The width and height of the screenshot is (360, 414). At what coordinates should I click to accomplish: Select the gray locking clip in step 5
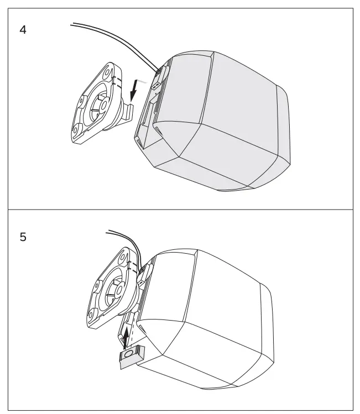click(131, 355)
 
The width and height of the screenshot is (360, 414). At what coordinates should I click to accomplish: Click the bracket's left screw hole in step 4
click(81, 103)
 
